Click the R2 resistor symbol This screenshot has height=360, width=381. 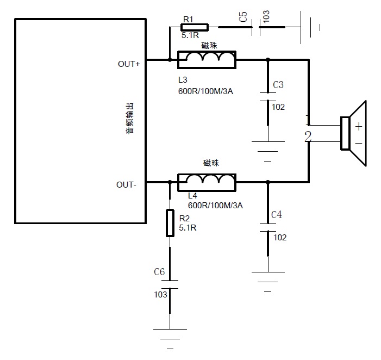pyautogui.click(x=170, y=223)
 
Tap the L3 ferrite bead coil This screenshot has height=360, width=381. pyautogui.click(x=207, y=60)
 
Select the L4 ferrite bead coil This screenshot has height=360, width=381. pyautogui.click(x=207, y=182)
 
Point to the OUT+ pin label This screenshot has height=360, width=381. pyautogui.click(x=129, y=64)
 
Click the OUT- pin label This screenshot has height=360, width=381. pyautogui.click(x=126, y=184)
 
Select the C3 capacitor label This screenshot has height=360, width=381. pyautogui.click(x=278, y=85)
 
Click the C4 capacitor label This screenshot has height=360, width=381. pyautogui.click(x=277, y=215)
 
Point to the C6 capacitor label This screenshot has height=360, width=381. pyautogui.click(x=159, y=271)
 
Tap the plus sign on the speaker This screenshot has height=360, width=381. pyautogui.click(x=359, y=126)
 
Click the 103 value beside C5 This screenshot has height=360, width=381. pyautogui.click(x=266, y=17)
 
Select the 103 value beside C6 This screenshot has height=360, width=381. pyautogui.click(x=160, y=294)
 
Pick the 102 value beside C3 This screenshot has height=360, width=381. pyautogui.click(x=278, y=107)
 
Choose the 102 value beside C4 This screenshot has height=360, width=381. pyautogui.click(x=280, y=238)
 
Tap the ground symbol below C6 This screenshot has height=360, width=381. pyautogui.click(x=170, y=333)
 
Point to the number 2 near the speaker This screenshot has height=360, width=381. pyautogui.click(x=308, y=136)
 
